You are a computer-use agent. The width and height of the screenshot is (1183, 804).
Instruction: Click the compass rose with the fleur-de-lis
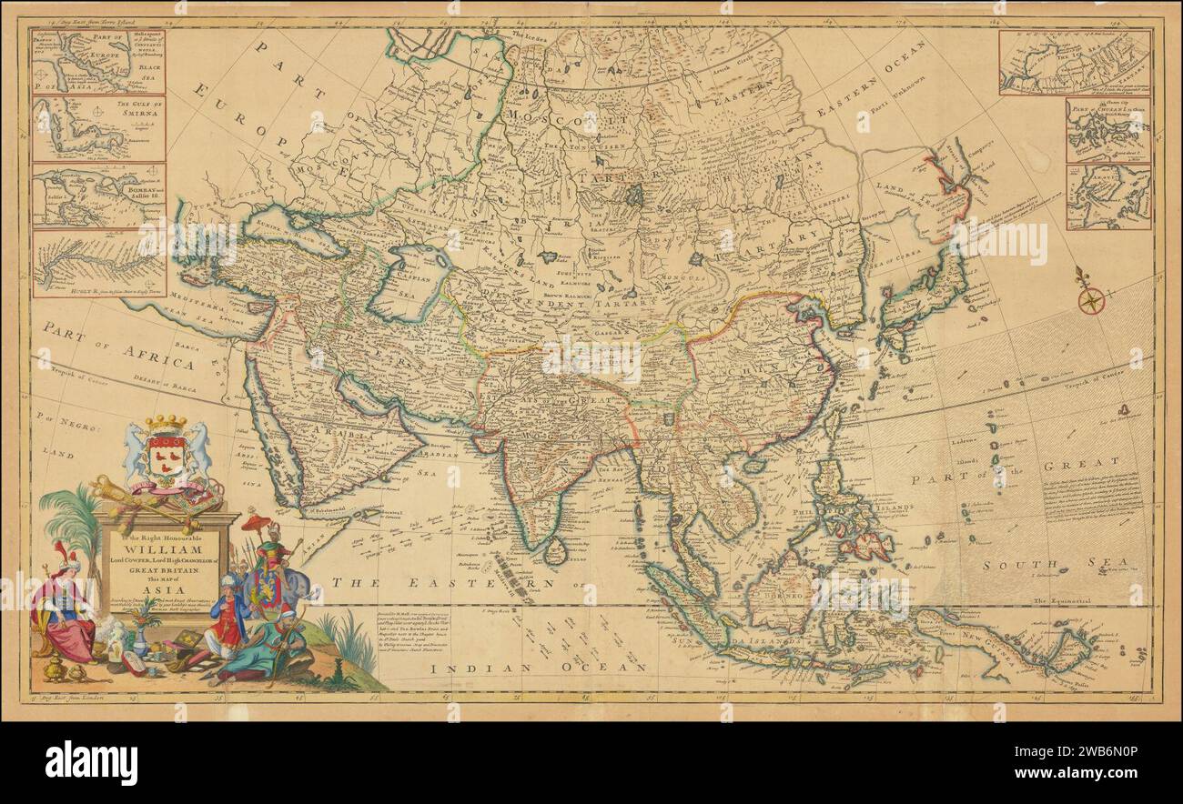1091,296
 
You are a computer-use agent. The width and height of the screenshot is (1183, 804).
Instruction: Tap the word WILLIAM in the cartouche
163,551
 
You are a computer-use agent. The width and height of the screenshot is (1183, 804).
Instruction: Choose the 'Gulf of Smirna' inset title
136,108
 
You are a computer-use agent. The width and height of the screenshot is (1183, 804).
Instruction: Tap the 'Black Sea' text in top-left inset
140,74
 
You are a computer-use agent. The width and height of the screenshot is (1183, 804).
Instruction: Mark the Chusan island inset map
1107,130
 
